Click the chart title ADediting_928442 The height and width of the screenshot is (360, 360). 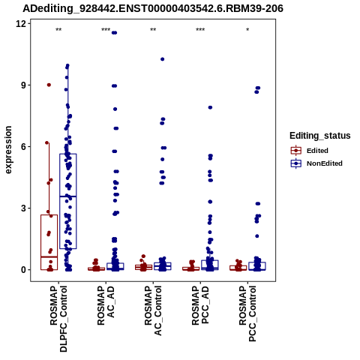(x=153, y=9)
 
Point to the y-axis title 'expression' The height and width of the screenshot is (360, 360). (x=8, y=150)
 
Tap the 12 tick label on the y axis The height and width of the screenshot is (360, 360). (x=21, y=23)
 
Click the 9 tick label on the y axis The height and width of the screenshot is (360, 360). (x=24, y=85)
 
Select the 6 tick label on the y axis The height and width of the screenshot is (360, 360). (x=24, y=146)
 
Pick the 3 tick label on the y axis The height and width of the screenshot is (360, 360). (x=24, y=208)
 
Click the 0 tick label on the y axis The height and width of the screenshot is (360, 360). (x=24, y=269)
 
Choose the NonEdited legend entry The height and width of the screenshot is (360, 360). (x=316, y=163)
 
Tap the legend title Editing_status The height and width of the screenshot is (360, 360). (x=320, y=136)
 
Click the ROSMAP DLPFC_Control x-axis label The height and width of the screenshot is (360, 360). (x=58, y=319)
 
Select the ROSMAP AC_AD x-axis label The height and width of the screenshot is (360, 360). (x=106, y=305)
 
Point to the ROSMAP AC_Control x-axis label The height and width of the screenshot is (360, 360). (x=153, y=310)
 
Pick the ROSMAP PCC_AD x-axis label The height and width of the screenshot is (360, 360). (x=200, y=305)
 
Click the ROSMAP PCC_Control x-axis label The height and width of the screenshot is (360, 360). (x=247, y=313)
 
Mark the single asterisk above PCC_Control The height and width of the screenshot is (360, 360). (x=247, y=30)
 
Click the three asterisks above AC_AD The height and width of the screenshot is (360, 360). (x=106, y=30)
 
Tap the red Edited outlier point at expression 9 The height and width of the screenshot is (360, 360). (x=49, y=85)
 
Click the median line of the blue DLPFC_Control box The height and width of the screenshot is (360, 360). (x=68, y=196)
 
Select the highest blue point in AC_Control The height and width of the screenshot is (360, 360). (x=163, y=59)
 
